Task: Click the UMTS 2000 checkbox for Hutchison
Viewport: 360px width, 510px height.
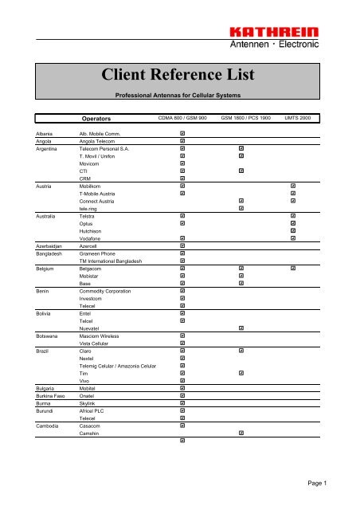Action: pyautogui.click(x=293, y=230)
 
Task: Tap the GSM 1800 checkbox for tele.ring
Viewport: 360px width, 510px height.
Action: pyautogui.click(x=241, y=208)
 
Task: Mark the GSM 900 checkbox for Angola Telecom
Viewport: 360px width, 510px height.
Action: pyautogui.click(x=182, y=141)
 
